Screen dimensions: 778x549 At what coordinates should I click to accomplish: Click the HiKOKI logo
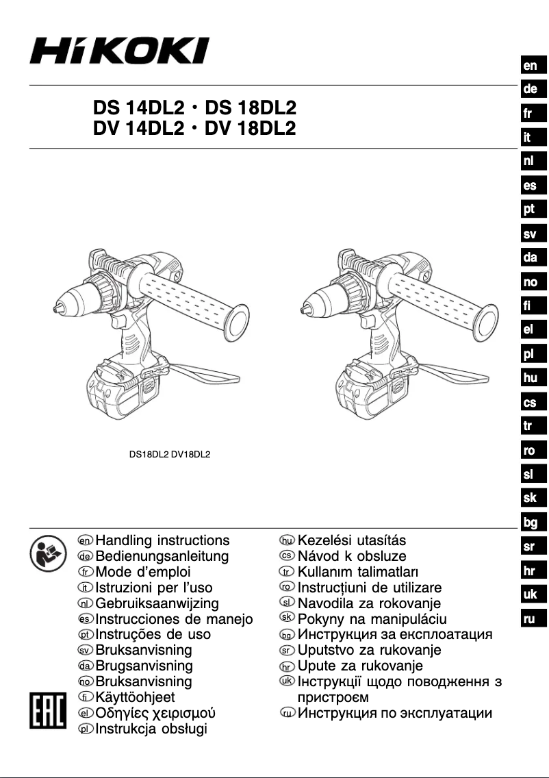coord(119,51)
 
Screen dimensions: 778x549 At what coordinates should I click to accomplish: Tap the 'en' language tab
coord(530,66)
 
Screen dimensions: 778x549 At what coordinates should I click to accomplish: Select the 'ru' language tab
coord(530,619)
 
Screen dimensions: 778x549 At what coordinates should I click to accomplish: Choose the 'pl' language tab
coord(530,354)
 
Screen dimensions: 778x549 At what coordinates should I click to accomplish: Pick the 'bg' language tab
coord(530,523)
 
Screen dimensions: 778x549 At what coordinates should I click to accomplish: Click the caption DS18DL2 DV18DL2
coord(170,453)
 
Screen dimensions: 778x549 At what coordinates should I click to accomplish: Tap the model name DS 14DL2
coord(138,108)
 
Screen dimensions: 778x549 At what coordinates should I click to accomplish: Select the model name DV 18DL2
coord(250,128)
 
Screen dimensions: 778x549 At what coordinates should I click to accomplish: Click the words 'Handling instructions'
coord(163,541)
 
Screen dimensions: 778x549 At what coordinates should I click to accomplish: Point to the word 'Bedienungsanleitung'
coord(162,556)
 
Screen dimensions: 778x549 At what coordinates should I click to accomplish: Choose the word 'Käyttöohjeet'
coord(135,697)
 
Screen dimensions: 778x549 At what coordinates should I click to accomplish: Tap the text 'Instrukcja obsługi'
coord(151,729)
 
